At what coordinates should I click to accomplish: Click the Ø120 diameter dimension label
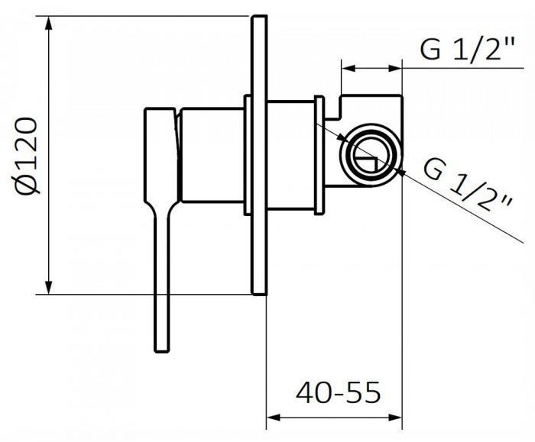click(x=26, y=156)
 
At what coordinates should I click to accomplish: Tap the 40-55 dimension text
click(x=338, y=392)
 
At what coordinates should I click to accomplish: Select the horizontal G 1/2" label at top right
click(x=467, y=50)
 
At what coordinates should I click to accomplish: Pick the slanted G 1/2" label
click(x=468, y=186)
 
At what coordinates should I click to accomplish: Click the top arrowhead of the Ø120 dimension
click(x=49, y=23)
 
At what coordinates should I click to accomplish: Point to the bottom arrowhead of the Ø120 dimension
click(x=49, y=287)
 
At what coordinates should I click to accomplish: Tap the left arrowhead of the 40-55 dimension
click(x=274, y=418)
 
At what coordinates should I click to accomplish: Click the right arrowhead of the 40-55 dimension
click(x=395, y=418)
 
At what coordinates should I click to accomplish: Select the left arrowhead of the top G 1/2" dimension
click(x=349, y=68)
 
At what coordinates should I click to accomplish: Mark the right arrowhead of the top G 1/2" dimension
click(x=395, y=68)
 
